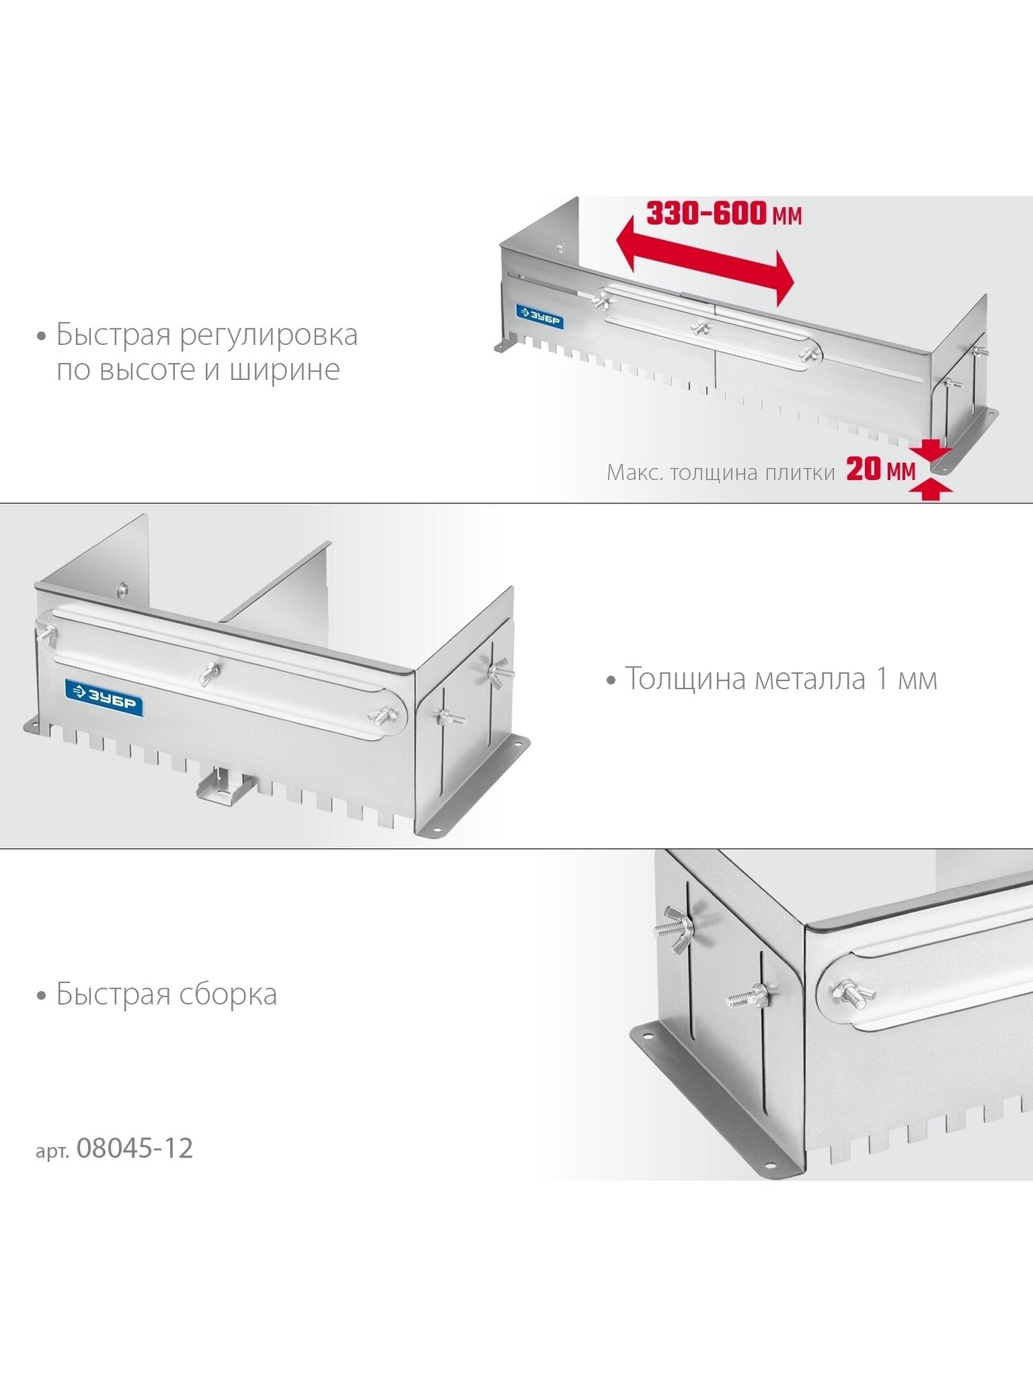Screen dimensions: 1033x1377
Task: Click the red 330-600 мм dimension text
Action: point(724,213)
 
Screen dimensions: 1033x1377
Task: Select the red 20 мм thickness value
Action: point(881,470)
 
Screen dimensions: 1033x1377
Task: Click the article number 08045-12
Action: point(135,1148)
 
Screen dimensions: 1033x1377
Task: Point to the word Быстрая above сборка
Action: point(114,994)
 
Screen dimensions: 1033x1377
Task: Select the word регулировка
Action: point(269,336)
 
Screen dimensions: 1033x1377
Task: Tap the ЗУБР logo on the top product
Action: point(540,317)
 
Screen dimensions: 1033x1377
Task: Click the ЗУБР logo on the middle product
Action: point(104,698)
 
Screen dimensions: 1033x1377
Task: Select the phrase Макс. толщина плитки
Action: point(720,473)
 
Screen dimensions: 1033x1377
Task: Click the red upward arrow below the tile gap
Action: point(930,490)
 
